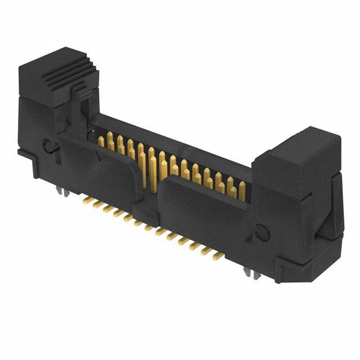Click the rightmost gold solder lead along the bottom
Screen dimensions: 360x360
tap(217, 255)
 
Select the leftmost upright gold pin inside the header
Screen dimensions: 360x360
tap(102, 141)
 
